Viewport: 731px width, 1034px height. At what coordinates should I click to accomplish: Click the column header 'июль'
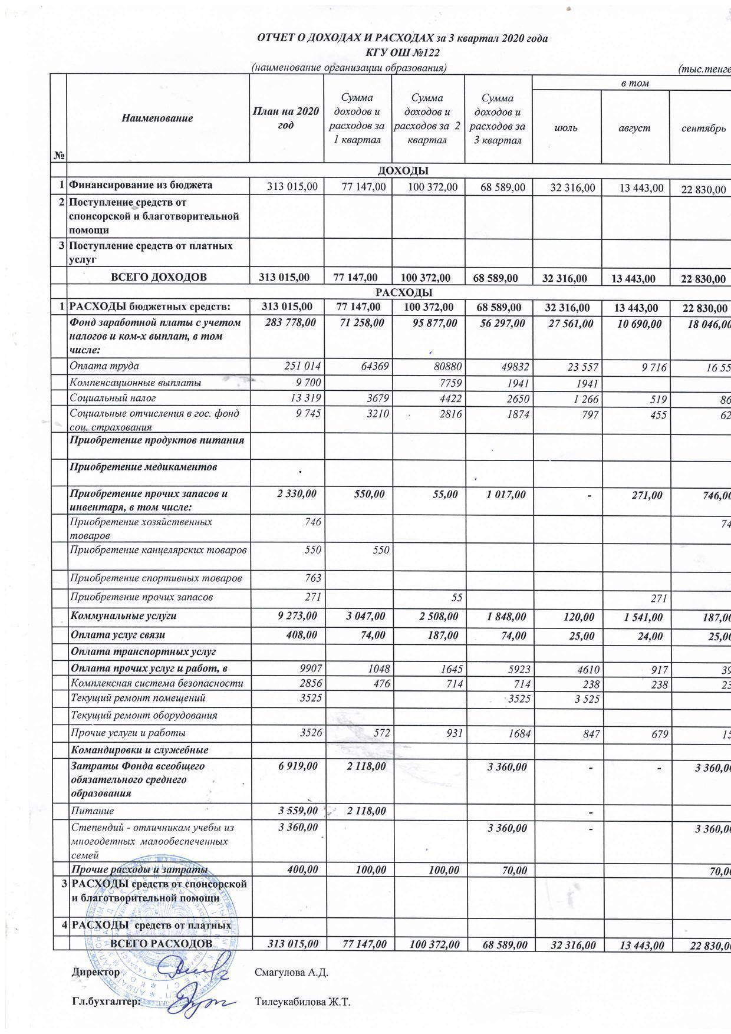point(566,127)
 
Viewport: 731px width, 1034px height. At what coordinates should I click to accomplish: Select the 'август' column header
point(634,127)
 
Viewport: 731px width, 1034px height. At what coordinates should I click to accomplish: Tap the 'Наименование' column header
point(157,118)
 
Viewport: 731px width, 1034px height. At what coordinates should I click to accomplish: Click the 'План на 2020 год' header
point(286,118)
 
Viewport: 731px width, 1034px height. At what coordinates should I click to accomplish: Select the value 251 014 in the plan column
point(303,367)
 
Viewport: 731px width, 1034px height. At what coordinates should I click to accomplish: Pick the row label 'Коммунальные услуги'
point(124,616)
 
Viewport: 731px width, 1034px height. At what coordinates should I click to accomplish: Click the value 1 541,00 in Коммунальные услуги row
point(642,617)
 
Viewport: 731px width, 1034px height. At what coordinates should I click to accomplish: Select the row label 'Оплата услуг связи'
point(118,635)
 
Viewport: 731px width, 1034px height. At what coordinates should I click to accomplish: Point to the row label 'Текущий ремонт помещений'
point(138,698)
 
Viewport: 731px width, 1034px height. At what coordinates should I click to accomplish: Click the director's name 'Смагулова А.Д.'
point(291,973)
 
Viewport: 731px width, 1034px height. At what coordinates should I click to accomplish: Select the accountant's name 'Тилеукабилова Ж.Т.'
point(302,1002)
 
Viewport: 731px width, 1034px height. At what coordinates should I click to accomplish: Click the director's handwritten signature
point(195,970)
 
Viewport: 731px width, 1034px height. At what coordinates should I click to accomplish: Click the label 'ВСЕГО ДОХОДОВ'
point(159,278)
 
